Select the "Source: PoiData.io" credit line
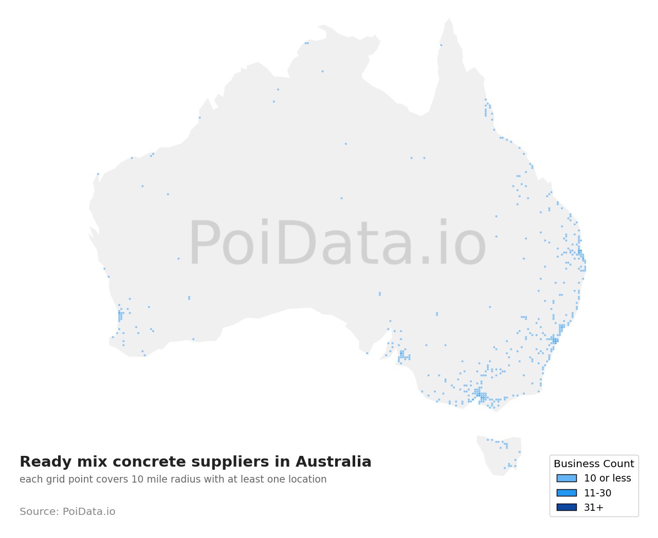[67, 512]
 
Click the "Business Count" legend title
[594, 464]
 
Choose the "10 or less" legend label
[607, 478]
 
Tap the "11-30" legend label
[597, 493]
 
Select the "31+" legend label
[594, 508]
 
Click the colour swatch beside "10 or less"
[566, 478]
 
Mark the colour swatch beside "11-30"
[566, 493]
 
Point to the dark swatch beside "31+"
[566, 507]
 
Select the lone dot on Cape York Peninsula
[441, 45]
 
